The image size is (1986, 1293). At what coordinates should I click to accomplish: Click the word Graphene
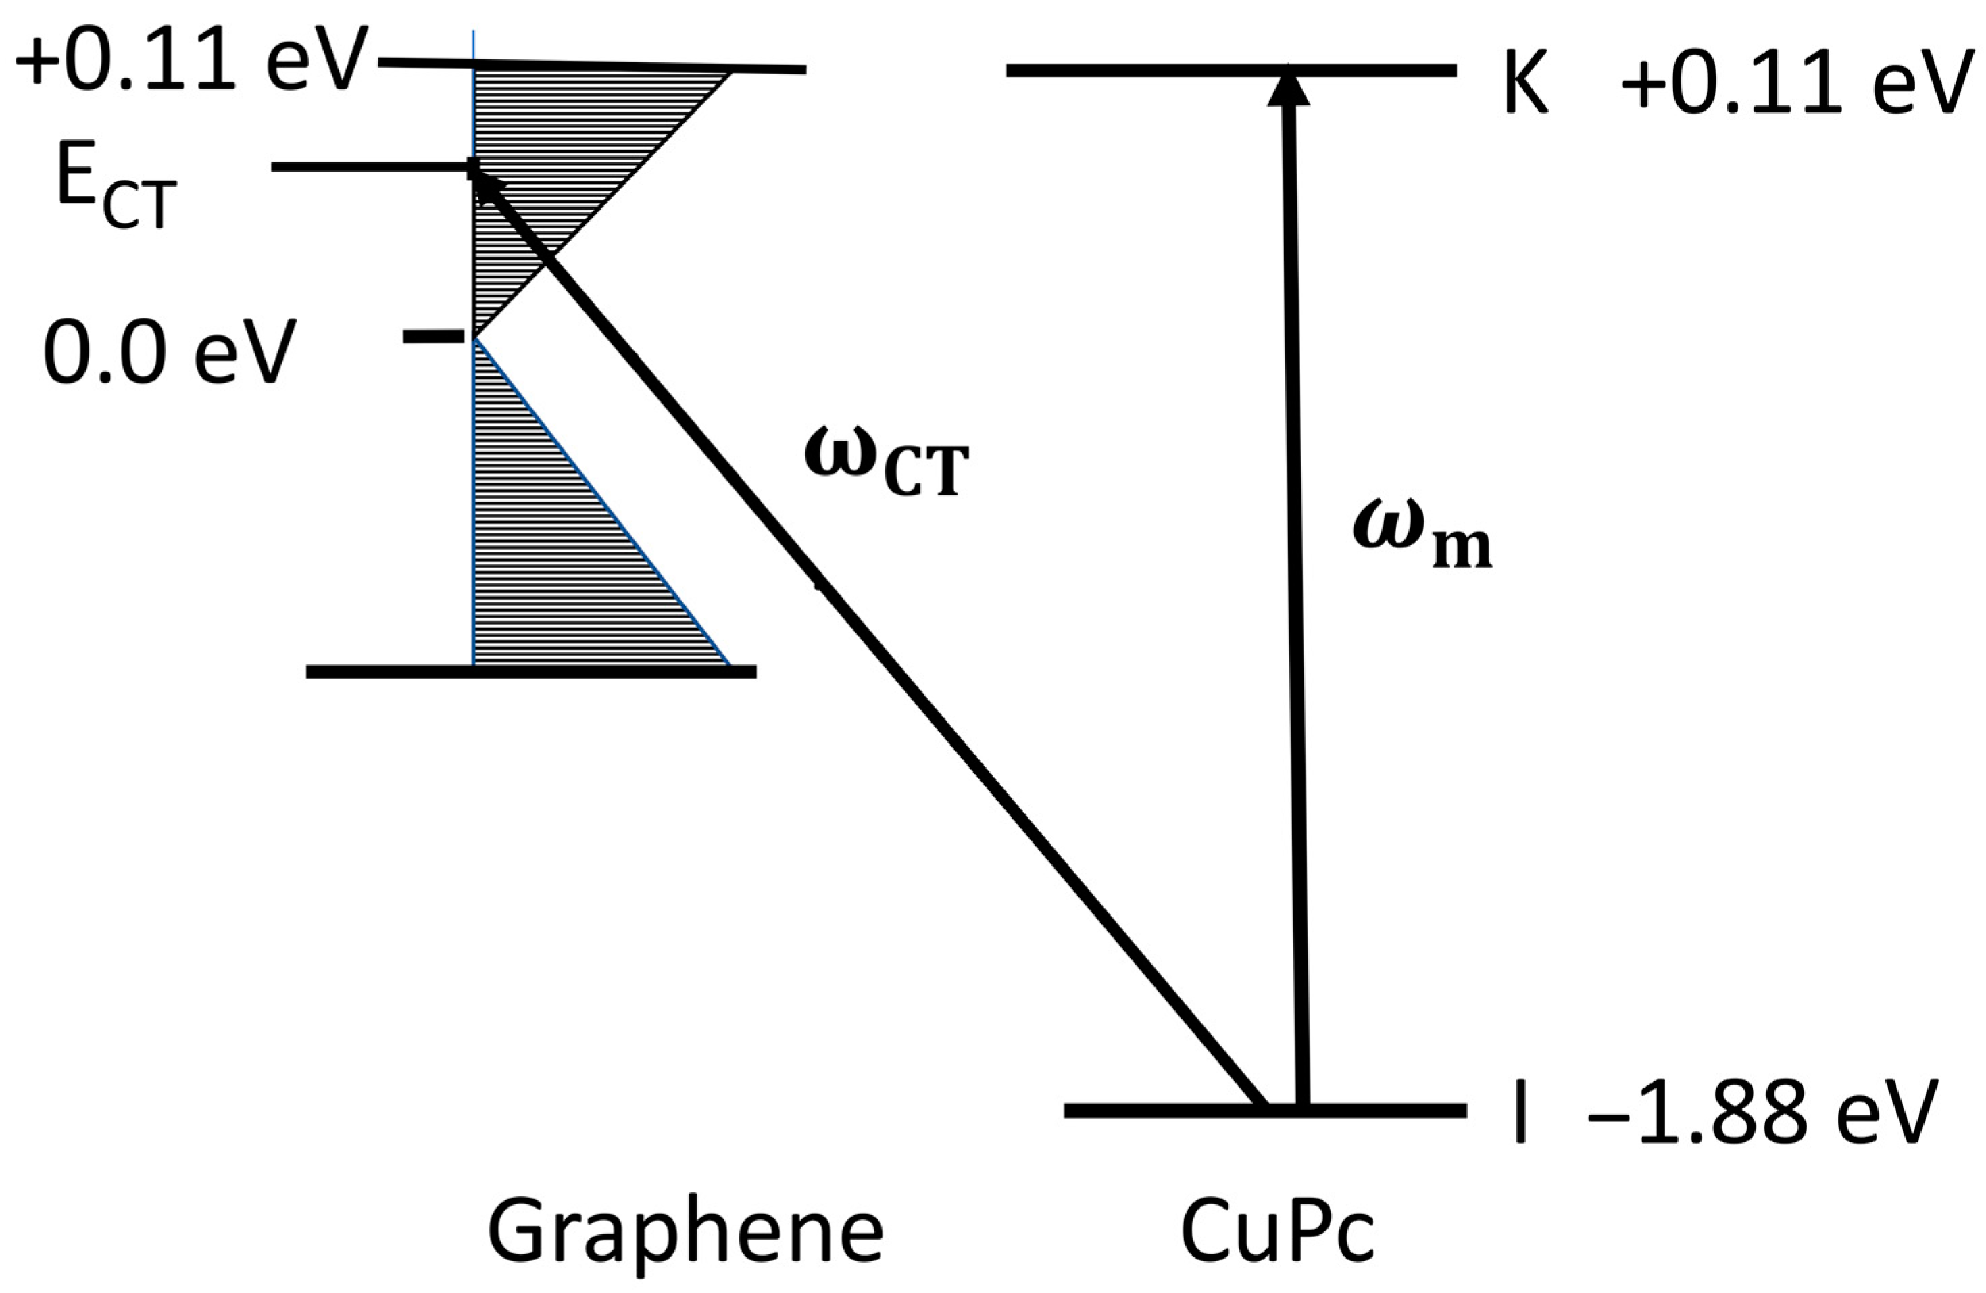[x=685, y=1231]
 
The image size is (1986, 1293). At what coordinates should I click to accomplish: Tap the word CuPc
[x=1276, y=1231]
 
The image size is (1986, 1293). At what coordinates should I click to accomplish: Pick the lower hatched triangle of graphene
[x=568, y=568]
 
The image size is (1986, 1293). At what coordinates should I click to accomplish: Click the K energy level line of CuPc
[x=1151, y=70]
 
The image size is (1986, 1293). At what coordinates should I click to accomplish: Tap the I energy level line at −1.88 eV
[x=1168, y=1111]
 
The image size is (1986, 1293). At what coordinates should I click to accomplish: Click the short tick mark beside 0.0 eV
[x=433, y=337]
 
